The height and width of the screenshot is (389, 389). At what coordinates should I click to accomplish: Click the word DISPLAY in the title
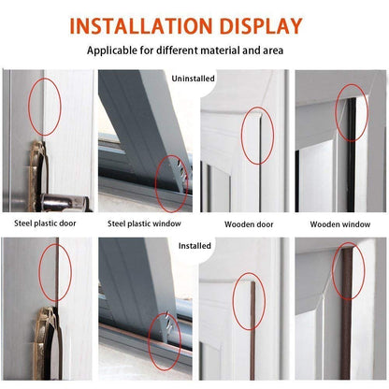[259, 25]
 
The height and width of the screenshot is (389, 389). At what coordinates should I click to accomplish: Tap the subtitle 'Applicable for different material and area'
[194, 50]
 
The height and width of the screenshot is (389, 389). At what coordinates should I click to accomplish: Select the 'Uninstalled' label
[194, 79]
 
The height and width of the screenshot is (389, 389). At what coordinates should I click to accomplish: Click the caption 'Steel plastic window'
[144, 223]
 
